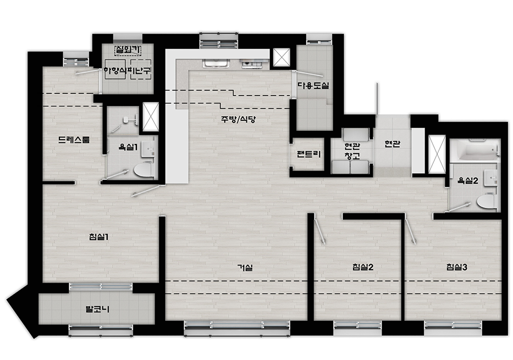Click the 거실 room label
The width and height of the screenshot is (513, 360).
(x=245, y=268)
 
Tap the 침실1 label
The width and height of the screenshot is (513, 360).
(x=98, y=237)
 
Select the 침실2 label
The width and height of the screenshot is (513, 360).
(x=363, y=267)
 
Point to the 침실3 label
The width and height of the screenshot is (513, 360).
(x=457, y=267)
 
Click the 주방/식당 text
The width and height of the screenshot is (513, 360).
(x=238, y=119)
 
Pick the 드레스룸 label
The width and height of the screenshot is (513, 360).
(x=74, y=140)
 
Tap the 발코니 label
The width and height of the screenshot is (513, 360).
(x=97, y=309)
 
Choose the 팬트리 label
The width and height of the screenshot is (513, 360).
(x=308, y=154)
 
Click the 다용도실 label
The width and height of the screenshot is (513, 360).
(x=313, y=86)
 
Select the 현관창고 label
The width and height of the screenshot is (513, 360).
(x=352, y=151)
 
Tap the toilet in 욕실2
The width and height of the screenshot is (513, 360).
(x=486, y=201)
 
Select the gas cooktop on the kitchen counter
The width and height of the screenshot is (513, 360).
(x=252, y=64)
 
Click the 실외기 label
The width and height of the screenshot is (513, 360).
(x=128, y=50)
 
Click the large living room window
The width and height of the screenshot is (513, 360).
(x=237, y=328)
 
